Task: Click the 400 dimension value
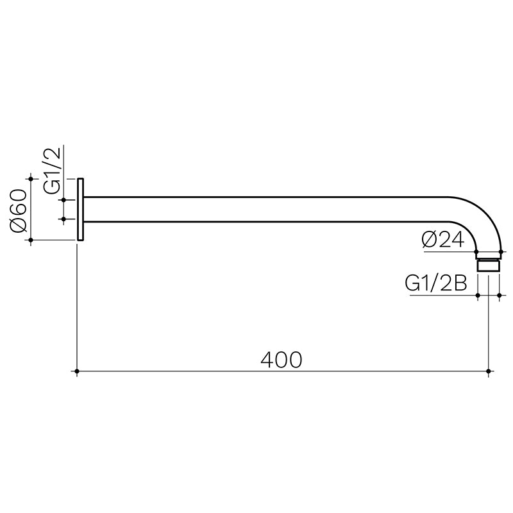click(x=281, y=360)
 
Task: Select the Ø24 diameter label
click(x=443, y=240)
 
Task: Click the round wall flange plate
click(x=81, y=209)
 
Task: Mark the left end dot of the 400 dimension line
click(x=77, y=371)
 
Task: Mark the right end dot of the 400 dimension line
click(x=489, y=371)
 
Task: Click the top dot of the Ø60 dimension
click(x=31, y=178)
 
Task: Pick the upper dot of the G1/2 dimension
click(x=63, y=200)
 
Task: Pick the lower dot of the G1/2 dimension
click(x=63, y=219)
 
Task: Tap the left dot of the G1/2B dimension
click(x=478, y=296)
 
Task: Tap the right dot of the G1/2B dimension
click(x=499, y=296)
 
